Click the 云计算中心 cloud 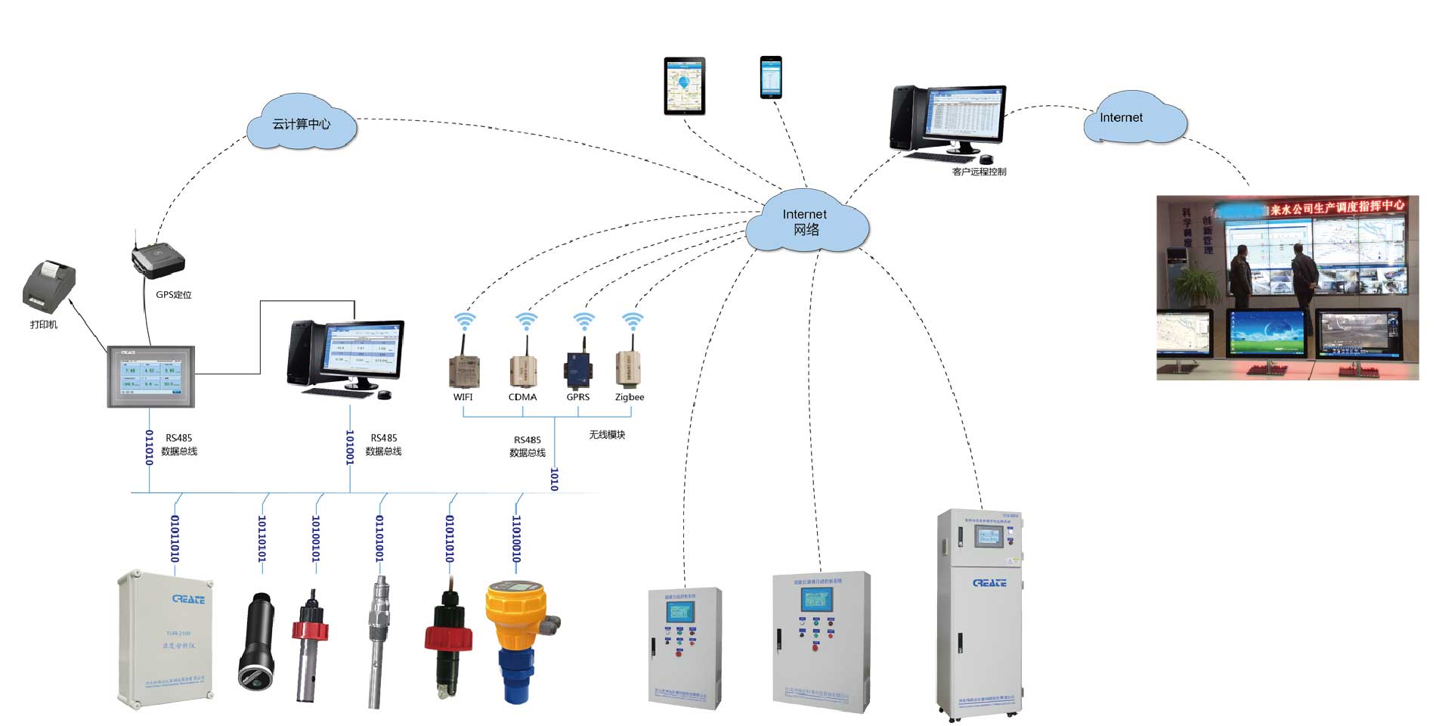pyautogui.click(x=302, y=123)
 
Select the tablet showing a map pyautogui.click(x=684, y=85)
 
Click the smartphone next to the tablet pyautogui.click(x=770, y=76)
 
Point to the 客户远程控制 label pyautogui.click(x=979, y=172)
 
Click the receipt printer pyautogui.click(x=49, y=287)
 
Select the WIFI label pyautogui.click(x=463, y=397)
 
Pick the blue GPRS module pyautogui.click(x=579, y=369)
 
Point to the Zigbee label pyautogui.click(x=630, y=397)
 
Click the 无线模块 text pyautogui.click(x=607, y=435)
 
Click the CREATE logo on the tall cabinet pyautogui.click(x=989, y=583)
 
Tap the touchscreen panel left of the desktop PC pyautogui.click(x=151, y=377)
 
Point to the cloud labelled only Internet pyautogui.click(x=1132, y=118)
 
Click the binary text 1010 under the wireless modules pyautogui.click(x=554, y=479)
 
